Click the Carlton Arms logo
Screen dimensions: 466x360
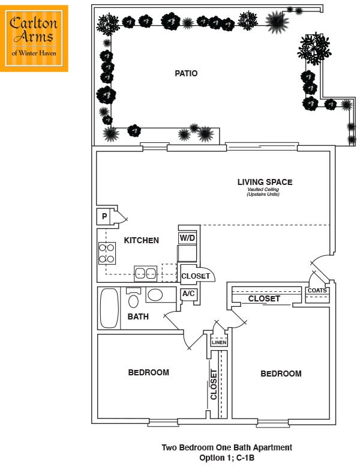point(34,38)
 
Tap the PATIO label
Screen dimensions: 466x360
point(186,74)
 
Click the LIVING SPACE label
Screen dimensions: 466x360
point(265,182)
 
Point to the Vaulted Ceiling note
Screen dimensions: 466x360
point(263,192)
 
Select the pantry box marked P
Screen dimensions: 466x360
point(104,216)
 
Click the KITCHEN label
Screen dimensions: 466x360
point(142,240)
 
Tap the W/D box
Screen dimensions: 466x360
point(187,238)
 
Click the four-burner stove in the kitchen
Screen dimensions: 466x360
point(107,253)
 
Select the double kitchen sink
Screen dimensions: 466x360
point(145,273)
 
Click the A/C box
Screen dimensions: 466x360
point(188,294)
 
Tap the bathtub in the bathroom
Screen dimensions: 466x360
point(109,308)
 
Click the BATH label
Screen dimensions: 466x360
point(138,316)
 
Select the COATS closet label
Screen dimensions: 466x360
point(317,291)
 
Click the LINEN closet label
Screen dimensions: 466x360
point(219,343)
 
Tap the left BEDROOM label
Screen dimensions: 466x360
point(148,372)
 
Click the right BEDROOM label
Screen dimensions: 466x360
point(281,374)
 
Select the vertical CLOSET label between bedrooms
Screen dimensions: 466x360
point(214,384)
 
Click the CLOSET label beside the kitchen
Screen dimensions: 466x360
point(196,276)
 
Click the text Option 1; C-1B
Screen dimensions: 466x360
point(227,458)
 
